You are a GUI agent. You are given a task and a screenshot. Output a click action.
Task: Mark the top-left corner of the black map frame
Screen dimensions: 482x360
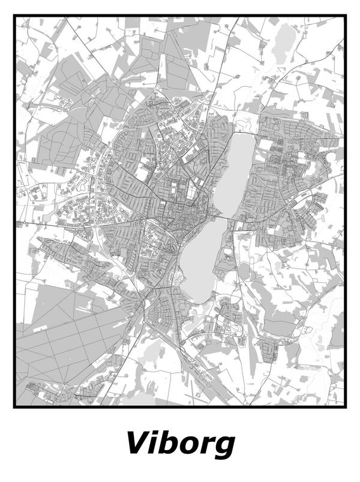click(15, 17)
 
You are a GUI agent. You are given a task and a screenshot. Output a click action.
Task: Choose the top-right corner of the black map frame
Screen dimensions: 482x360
click(346, 17)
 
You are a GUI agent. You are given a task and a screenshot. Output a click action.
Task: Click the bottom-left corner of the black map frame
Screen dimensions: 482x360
click(15, 406)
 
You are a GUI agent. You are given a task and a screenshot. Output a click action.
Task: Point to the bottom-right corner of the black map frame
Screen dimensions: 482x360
click(346, 406)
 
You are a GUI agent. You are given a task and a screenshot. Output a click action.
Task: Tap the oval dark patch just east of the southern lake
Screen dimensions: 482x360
click(244, 273)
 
